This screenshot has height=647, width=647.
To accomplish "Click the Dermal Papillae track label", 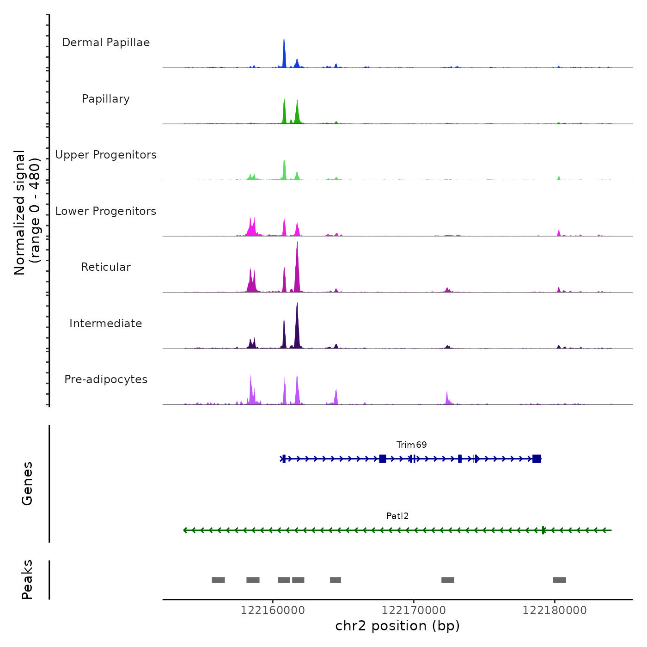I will point(106,43).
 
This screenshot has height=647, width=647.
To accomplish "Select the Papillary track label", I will point(106,99).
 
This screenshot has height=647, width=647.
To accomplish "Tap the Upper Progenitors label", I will point(106,155).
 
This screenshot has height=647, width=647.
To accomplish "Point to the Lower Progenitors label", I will point(106,211).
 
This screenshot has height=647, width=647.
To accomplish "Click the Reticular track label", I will point(106,267).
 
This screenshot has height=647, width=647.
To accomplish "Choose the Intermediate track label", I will point(106,323).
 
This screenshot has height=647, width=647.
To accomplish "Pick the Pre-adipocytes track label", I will point(106,379).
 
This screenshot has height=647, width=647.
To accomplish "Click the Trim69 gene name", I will point(411,445).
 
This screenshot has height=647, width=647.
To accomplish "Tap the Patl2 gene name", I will point(397,516).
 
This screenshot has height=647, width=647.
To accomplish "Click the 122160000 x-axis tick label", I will point(273,610).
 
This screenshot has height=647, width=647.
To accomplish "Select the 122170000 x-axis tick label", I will point(414,610).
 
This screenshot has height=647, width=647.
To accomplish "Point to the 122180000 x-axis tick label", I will point(555,610).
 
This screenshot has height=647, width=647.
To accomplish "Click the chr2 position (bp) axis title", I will point(397,626).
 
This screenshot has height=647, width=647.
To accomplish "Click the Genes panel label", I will point(27,483).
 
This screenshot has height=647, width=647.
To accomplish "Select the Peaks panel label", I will point(27,580).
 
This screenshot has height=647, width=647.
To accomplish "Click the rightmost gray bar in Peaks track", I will point(559,580).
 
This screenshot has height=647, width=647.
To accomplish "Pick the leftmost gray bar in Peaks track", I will point(218,580).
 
